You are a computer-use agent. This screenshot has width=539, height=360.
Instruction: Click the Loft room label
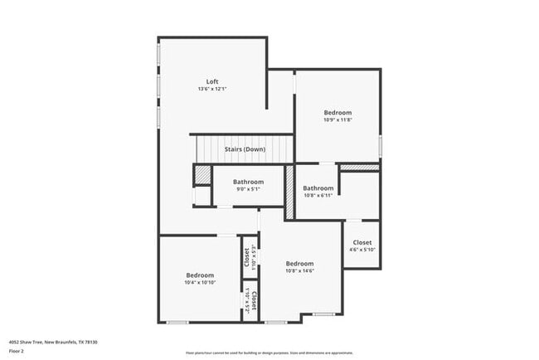[212, 81]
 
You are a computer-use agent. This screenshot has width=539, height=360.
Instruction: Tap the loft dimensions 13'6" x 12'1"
[212, 89]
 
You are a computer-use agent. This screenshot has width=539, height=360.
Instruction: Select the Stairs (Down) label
[245, 149]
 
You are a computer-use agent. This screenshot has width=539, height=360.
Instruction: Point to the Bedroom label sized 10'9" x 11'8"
[337, 113]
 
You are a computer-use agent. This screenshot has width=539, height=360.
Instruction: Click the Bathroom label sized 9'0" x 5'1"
[248, 182]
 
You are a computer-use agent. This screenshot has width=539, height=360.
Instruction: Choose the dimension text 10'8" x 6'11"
[318, 196]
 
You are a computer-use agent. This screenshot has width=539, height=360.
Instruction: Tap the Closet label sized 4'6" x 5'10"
[362, 242]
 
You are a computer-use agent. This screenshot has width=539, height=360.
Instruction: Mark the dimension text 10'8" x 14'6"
[299, 270]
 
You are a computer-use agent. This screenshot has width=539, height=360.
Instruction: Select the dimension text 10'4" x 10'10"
[200, 282]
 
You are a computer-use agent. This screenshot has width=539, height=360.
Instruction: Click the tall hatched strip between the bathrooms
[289, 192]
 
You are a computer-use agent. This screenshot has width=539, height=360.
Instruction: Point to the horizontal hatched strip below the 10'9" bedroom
[359, 168]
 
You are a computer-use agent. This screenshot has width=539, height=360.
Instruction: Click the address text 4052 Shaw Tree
[53, 341]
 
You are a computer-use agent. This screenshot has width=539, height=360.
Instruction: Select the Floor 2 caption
[17, 351]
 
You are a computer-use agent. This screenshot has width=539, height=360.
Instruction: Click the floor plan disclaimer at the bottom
[269, 353]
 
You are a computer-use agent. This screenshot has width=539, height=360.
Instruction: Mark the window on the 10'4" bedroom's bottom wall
[177, 322]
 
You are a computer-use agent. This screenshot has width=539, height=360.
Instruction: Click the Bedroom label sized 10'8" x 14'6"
[299, 263]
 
